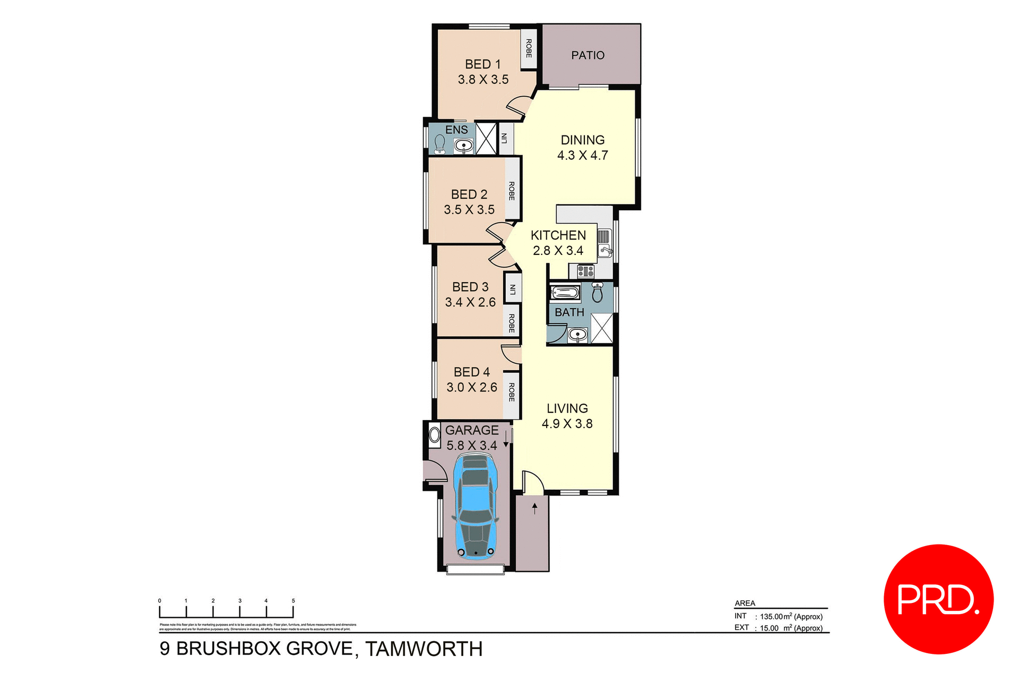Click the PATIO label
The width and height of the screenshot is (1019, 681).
pyautogui.click(x=588, y=55)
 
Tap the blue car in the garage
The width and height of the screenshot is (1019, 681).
pyautogui.click(x=476, y=507)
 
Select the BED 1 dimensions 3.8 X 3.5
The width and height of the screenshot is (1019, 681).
pyautogui.click(x=483, y=80)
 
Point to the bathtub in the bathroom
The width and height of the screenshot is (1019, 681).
pyautogui.click(x=565, y=293)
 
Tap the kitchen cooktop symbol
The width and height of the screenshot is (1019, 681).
pyautogui.click(x=585, y=271)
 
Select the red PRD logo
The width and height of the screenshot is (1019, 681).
pyautogui.click(x=938, y=599)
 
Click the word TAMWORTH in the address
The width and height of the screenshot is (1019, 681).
pyautogui.click(x=424, y=649)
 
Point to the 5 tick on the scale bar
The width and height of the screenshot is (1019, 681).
pyautogui.click(x=293, y=601)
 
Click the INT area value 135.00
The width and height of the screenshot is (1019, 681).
pyautogui.click(x=771, y=617)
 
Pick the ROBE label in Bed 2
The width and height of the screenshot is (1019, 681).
pyautogui.click(x=512, y=191)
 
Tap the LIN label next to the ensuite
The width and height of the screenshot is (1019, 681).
pyautogui.click(x=504, y=139)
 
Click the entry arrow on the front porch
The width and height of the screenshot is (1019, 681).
pyautogui.click(x=534, y=508)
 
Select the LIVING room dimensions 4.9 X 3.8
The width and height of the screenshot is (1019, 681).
pyautogui.click(x=567, y=424)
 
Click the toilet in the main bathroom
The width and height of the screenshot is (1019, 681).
pyautogui.click(x=598, y=293)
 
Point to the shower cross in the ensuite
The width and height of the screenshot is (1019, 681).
pyautogui.click(x=486, y=139)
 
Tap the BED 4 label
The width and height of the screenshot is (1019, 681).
pyautogui.click(x=471, y=372)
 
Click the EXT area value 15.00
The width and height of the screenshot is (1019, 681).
pyautogui.click(x=769, y=628)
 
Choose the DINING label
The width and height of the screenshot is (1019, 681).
pyautogui.click(x=582, y=140)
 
